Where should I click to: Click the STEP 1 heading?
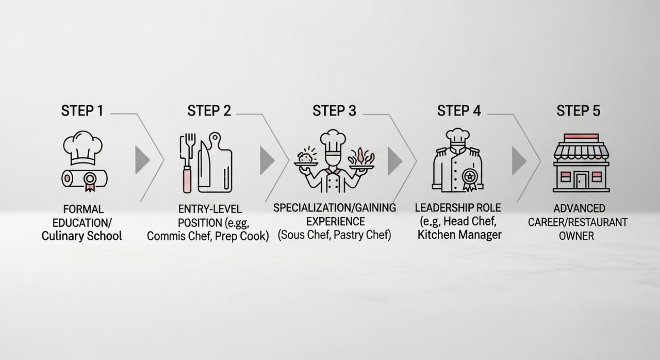82,111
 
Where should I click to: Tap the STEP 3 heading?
335,111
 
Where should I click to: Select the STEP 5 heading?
579,111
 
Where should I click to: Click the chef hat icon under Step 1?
83,148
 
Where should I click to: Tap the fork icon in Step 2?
187,163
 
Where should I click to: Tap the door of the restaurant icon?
582,181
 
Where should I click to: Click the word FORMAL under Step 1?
84,209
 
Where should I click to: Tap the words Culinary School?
81,236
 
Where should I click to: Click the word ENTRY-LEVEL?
210,209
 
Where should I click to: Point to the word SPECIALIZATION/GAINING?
335,208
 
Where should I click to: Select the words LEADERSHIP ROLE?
458,208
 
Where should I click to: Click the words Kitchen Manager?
459,235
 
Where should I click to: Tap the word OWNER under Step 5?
576,236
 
